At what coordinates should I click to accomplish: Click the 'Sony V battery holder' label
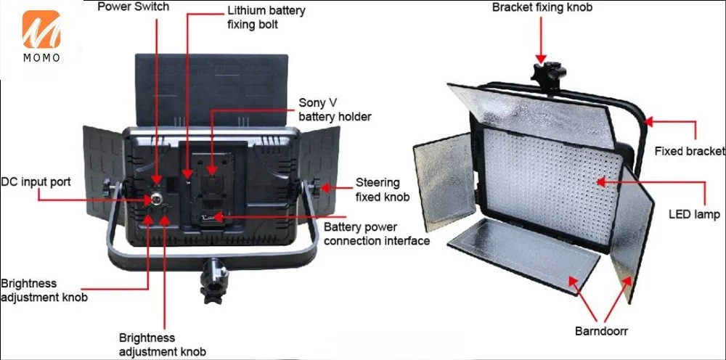coord(335,110)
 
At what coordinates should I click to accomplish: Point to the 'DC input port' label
coord(36,181)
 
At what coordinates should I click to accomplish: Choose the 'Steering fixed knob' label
coord(382,189)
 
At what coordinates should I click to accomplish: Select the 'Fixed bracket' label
coord(689,151)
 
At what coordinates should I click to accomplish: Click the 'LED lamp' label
coord(694,215)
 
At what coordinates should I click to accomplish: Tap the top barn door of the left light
coord(211,81)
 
